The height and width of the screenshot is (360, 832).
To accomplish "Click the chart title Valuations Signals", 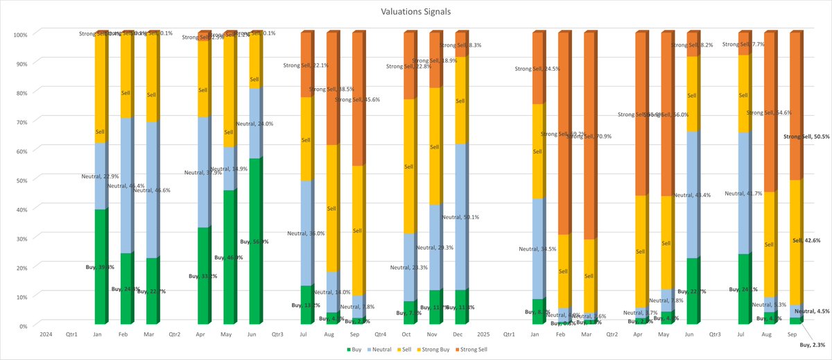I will [x=415, y=12].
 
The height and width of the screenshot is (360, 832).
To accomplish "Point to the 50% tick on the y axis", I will [x=21, y=180].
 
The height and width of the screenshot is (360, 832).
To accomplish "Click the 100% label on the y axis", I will [x=19, y=35].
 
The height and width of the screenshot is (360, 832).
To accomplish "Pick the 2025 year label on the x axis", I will [x=483, y=334].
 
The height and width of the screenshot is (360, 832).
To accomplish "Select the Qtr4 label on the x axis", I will [x=380, y=334].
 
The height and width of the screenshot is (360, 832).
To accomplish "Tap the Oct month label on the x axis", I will [x=406, y=334].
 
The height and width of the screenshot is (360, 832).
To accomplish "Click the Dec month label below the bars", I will [x=458, y=334].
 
